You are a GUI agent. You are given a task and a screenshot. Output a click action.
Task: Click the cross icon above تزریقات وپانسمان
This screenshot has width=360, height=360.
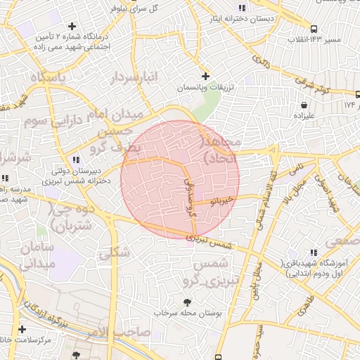(205, 76)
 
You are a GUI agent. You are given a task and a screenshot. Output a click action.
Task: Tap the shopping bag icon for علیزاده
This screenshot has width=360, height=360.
(303, 105)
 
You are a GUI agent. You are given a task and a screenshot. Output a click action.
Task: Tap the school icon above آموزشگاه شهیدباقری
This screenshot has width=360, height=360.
(313, 252)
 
